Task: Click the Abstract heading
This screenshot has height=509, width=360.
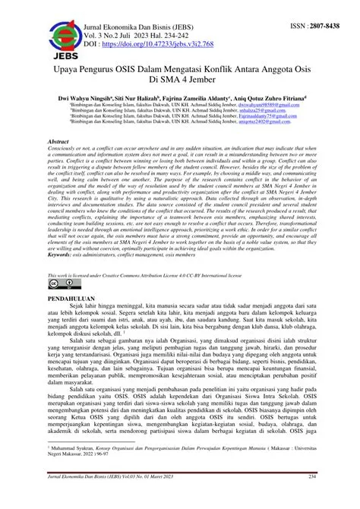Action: [x=58, y=141]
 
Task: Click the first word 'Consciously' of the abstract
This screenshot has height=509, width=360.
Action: [x=62, y=148]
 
